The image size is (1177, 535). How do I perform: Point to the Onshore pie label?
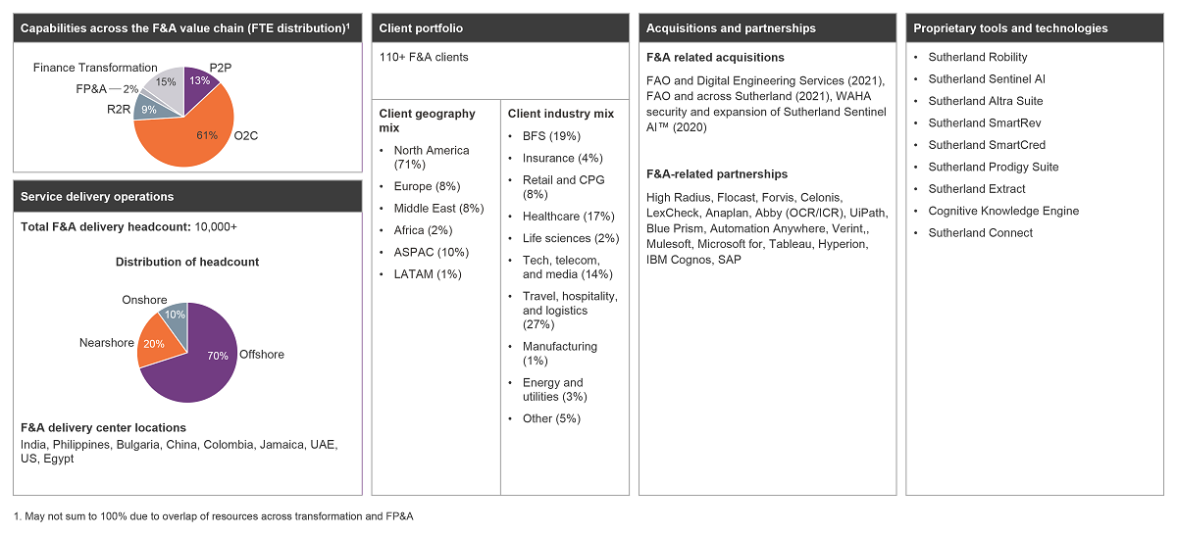(x=144, y=300)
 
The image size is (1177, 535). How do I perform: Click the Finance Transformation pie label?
(x=88, y=68)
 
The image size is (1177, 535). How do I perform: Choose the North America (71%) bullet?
(x=432, y=158)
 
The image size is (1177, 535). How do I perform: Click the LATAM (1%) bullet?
(x=428, y=274)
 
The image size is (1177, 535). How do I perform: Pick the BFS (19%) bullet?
(x=551, y=136)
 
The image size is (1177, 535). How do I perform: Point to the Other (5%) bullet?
(x=551, y=418)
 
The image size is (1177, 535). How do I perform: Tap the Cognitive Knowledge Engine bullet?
(x=1003, y=211)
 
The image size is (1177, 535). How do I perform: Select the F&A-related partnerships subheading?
(x=717, y=174)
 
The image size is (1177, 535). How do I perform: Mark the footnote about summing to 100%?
(x=214, y=516)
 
